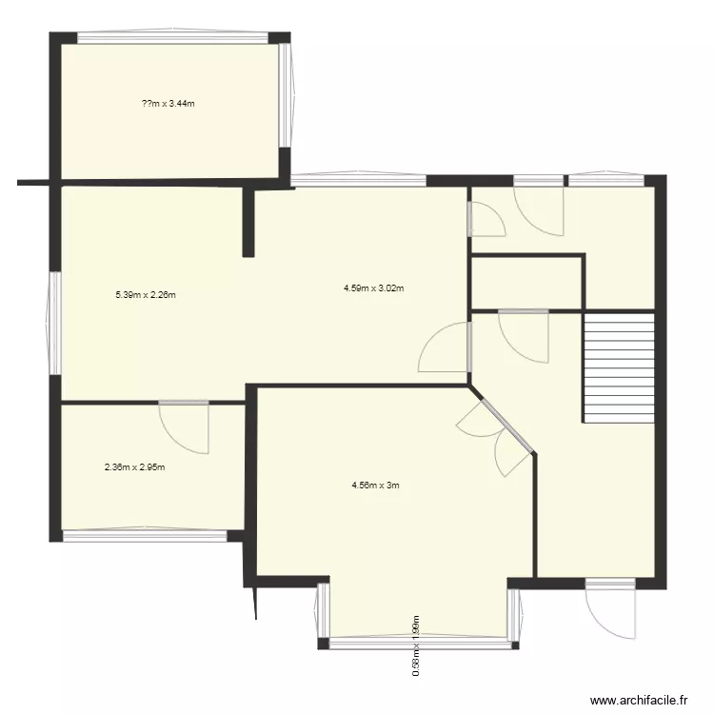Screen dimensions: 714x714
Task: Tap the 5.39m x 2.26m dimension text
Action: [146, 295]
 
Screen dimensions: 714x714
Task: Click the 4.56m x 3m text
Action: [375, 485]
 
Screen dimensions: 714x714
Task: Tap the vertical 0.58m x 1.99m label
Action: [416, 645]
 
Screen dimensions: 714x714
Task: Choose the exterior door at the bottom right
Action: [610, 609]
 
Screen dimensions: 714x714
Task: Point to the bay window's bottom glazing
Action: [419, 643]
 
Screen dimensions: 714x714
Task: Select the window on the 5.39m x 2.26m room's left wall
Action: [54, 324]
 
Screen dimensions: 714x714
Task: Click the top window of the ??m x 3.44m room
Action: [172, 38]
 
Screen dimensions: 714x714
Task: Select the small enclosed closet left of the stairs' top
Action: [526, 283]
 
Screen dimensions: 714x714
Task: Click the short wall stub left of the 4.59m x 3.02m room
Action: [248, 222]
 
